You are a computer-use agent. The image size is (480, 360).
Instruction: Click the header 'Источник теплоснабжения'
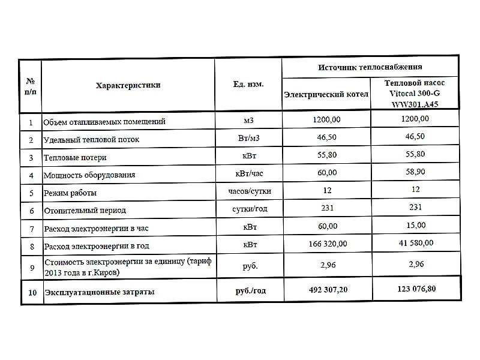point(370,67)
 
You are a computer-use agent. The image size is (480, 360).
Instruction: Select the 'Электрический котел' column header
point(326,95)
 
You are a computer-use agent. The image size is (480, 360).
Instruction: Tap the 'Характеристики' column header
point(128,85)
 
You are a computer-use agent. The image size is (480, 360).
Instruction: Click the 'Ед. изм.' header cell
point(248,84)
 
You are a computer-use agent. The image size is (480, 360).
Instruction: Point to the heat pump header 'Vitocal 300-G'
point(414,94)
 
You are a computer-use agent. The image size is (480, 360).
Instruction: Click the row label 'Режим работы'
point(70,193)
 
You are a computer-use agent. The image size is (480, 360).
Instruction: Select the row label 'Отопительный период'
point(85,211)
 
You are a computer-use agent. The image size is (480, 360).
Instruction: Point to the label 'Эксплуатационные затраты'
point(99,292)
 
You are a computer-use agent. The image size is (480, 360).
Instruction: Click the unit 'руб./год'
point(250,291)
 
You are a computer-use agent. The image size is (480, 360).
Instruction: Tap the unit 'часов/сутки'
point(250,191)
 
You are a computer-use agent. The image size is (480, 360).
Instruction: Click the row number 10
point(32,292)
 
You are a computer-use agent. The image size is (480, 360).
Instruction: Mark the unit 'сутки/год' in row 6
point(250,209)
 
